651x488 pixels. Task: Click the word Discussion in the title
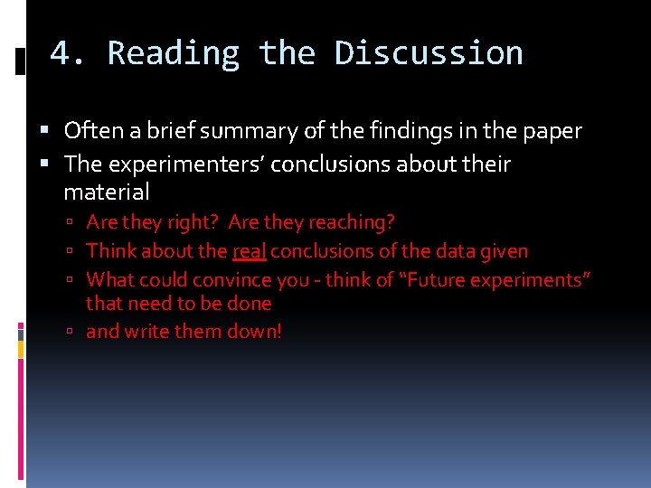click(x=429, y=53)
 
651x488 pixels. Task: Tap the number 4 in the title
click(x=60, y=53)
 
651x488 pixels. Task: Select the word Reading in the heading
click(x=174, y=53)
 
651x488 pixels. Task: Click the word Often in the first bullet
click(x=88, y=131)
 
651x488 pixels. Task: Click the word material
click(x=107, y=192)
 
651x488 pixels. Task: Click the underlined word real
click(x=249, y=250)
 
